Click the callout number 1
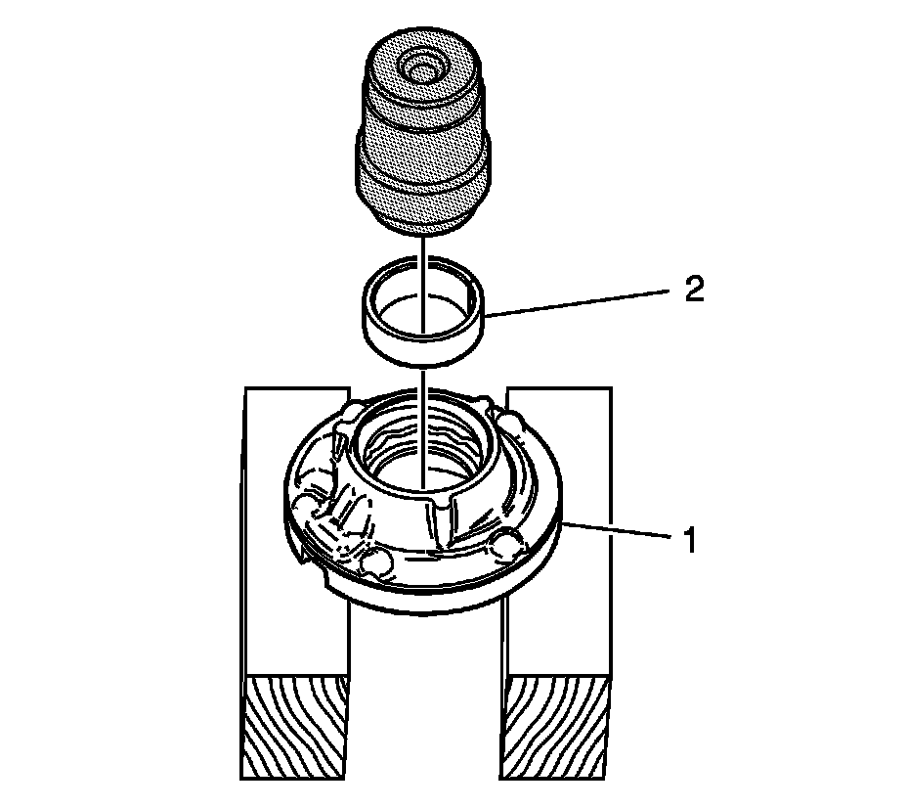(690, 541)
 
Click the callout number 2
(694, 291)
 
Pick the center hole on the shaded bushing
(423, 71)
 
